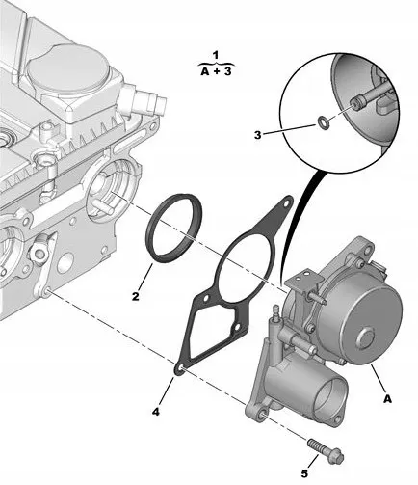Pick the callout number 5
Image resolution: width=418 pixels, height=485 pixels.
[x=304, y=472]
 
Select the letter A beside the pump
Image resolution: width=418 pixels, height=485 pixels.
[x=388, y=395]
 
